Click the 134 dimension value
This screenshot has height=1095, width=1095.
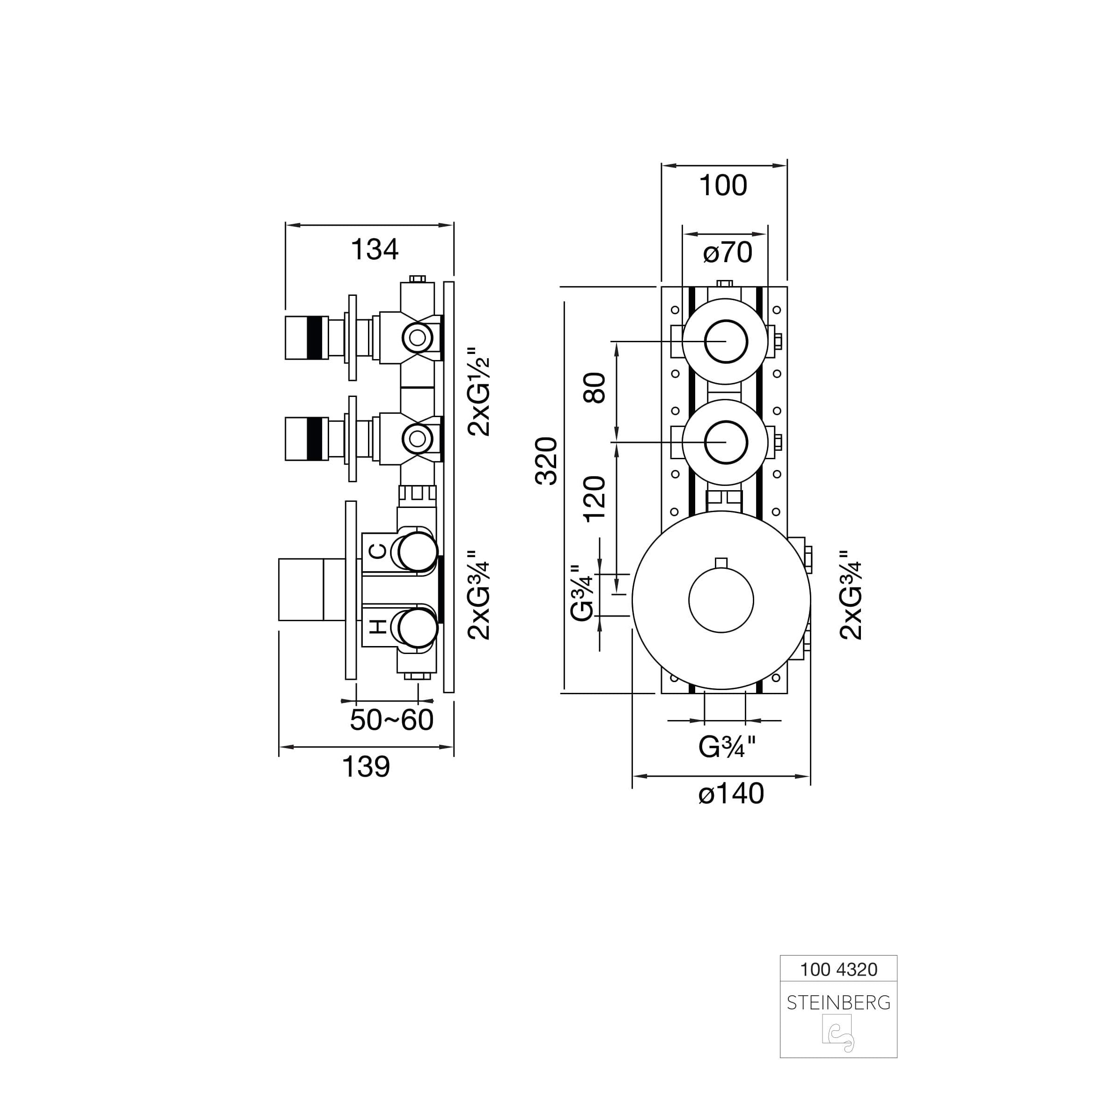(375, 250)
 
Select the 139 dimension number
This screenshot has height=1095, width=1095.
(366, 767)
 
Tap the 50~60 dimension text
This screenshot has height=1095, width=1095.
(392, 720)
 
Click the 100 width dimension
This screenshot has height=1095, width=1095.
(723, 185)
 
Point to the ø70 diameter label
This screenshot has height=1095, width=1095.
(728, 252)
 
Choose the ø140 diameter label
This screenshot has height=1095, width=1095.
(731, 794)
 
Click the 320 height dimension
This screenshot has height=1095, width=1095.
(547, 461)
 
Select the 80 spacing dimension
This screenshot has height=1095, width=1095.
(595, 388)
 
